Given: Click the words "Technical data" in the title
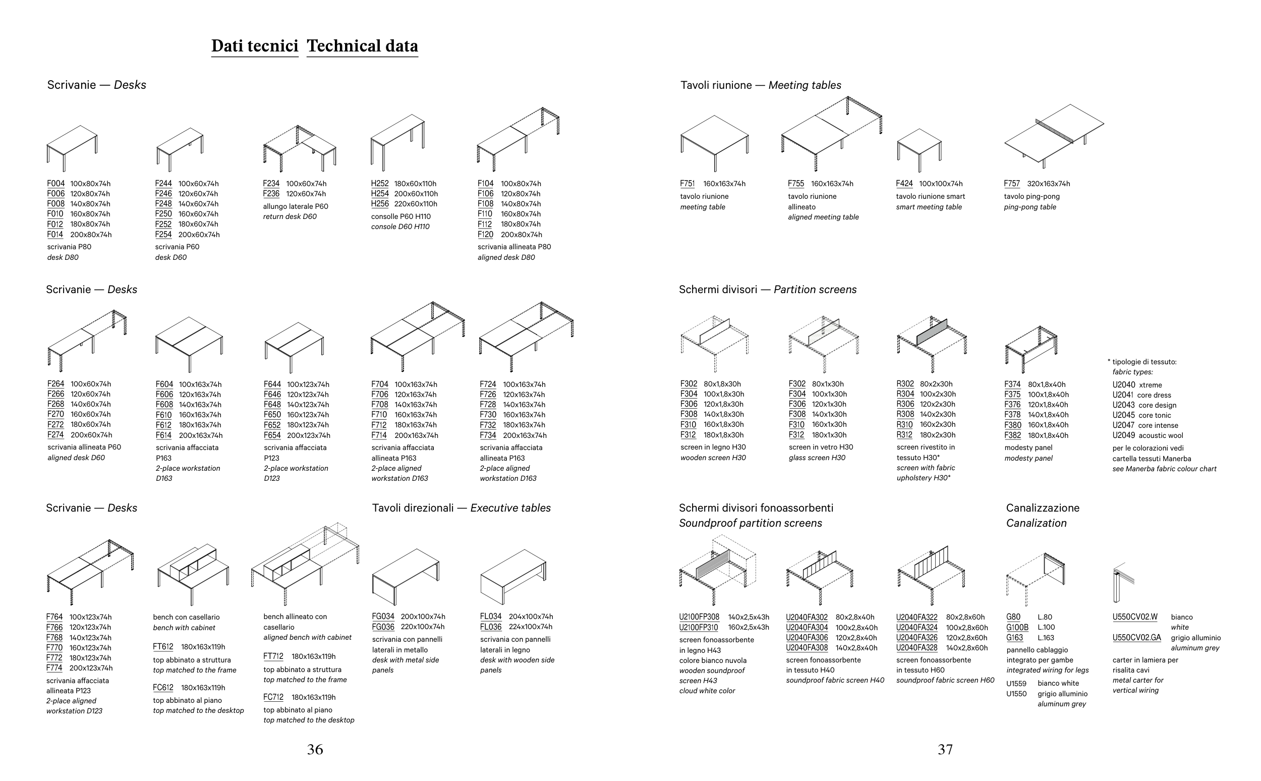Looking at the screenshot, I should coord(362,46).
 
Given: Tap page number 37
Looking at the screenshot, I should coord(945,750).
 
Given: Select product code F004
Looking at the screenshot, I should coord(56,183).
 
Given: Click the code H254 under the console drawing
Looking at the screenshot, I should coord(379,194).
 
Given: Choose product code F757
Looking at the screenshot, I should coord(1012,183).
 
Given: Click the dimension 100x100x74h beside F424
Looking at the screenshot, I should coord(941,183).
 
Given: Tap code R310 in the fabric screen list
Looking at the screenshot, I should coord(905,425).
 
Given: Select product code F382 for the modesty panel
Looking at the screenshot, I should coord(1013,435).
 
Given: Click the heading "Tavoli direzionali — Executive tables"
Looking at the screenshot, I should coord(461,508).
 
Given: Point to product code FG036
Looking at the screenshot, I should coord(383,627).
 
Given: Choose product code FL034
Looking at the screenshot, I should coord(491,616).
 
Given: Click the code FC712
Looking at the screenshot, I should coord(273,697).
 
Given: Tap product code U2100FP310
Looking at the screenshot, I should coord(698,628).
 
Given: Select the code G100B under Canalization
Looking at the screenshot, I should coord(1017,628).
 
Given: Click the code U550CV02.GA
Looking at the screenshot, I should coord(1136,637).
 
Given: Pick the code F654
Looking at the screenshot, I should coord(272,435).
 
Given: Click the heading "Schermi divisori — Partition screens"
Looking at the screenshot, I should coord(767,290).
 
